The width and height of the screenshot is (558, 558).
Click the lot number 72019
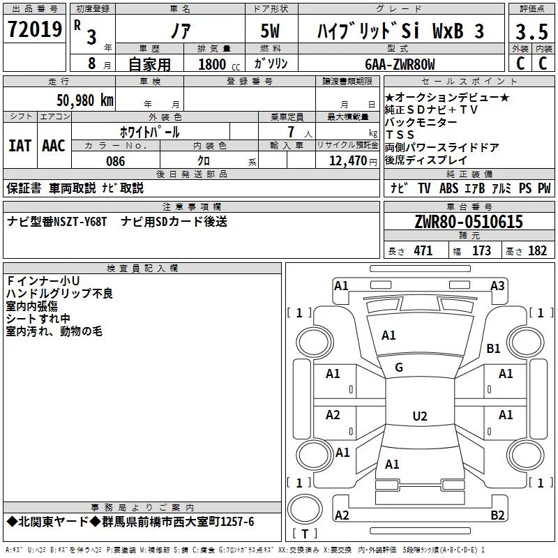point(34,29)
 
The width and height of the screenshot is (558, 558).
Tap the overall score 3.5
point(531,31)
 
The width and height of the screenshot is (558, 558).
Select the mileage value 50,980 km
point(85,100)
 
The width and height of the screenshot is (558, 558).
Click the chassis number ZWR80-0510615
point(469,222)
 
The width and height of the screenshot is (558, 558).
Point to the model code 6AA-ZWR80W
point(400,64)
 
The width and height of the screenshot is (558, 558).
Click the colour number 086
point(116,161)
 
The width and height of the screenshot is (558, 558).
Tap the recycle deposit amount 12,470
point(348,161)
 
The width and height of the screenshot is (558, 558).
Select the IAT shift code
point(20,146)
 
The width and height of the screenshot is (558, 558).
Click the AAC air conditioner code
point(54,146)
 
